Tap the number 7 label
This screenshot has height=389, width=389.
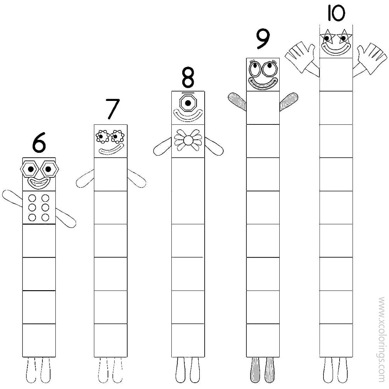pyautogui.click(x=113, y=109)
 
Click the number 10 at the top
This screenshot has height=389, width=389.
pyautogui.click(x=336, y=13)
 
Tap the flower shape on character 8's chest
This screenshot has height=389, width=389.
pyautogui.click(x=188, y=141)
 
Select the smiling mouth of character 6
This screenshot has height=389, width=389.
pyautogui.click(x=39, y=183)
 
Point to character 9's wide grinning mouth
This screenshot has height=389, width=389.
pyautogui.click(x=262, y=83)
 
